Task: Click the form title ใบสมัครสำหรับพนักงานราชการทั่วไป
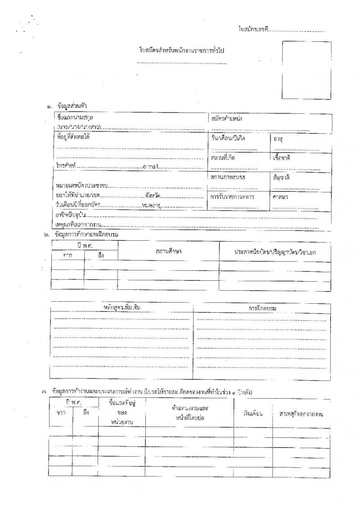pos(182,50)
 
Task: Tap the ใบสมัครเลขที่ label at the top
pos(253,30)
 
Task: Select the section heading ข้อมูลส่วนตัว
pos(72,106)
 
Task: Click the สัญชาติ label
pos(281,177)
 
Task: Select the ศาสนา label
pos(280,197)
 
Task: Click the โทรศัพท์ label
pos(66,167)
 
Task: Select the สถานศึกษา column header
pos(168,250)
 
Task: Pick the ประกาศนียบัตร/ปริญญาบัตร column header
pos(274,252)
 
